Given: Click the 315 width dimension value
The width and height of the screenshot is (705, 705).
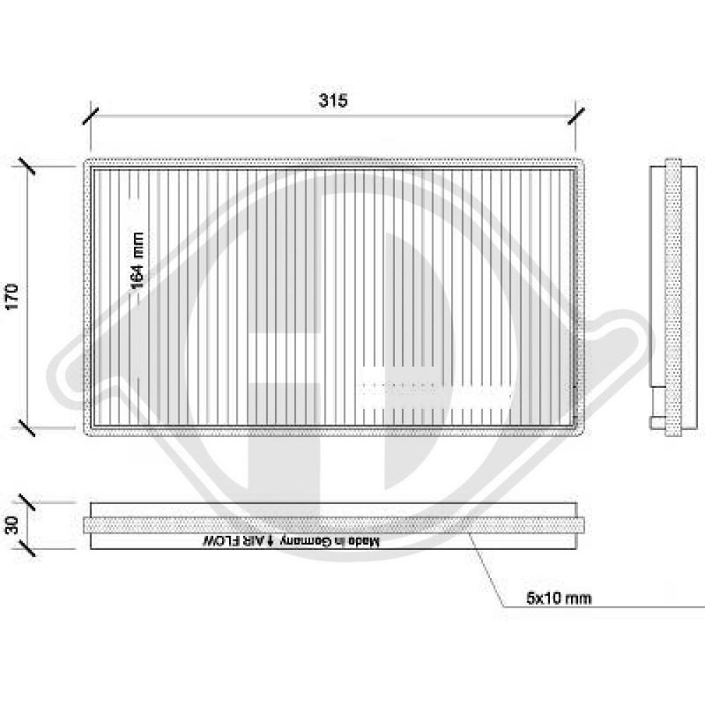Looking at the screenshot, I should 335,100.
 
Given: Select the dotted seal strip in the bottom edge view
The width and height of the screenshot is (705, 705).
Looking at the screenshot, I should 335,525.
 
